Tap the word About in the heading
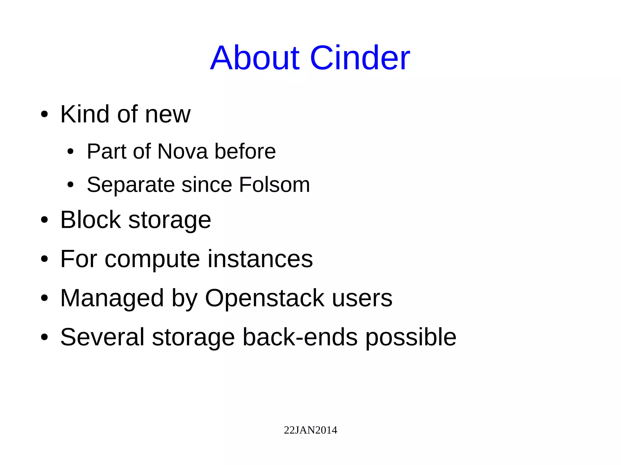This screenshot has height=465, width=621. pyautogui.click(x=255, y=58)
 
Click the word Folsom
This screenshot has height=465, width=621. pyautogui.click(x=274, y=184)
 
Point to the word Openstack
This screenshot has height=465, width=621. pyautogui.click(x=264, y=298)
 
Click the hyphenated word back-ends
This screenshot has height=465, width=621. pyautogui.click(x=300, y=337)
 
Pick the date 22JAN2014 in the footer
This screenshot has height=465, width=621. pyautogui.click(x=310, y=430)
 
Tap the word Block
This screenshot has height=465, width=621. pyautogui.click(x=90, y=220)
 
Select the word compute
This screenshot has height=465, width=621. pyautogui.click(x=152, y=259)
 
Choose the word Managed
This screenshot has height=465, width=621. pyautogui.click(x=112, y=299)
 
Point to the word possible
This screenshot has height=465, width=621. pyautogui.click(x=411, y=338)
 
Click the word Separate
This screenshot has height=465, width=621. pyautogui.click(x=131, y=185)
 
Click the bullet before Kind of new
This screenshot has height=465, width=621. pyautogui.click(x=44, y=115)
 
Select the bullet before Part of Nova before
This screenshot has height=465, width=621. pyautogui.click(x=70, y=151)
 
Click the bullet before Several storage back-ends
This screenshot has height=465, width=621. pyautogui.click(x=44, y=337)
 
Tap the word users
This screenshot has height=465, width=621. pyautogui.click(x=362, y=298)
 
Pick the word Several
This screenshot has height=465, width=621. pyautogui.click(x=102, y=337)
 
